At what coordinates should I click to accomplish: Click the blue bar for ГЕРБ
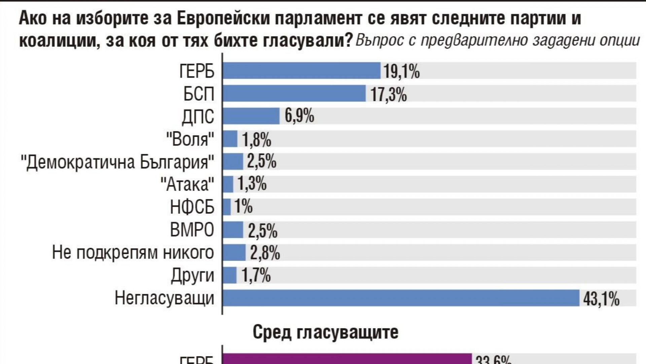[301, 71]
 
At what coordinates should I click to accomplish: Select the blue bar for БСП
[294, 93]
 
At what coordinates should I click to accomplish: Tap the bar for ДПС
[251, 116]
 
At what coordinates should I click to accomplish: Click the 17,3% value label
[389, 94]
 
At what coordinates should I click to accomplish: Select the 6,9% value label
[299, 117]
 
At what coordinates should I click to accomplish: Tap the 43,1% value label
[601, 299]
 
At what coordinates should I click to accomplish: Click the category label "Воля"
[190, 139]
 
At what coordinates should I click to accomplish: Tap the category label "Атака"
[187, 184]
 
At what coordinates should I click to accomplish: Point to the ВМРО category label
[192, 230]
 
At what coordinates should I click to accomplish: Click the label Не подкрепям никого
[133, 253]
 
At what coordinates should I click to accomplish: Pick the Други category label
[192, 276]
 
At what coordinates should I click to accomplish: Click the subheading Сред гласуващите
[325, 332]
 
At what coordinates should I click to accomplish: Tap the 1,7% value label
[256, 276]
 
